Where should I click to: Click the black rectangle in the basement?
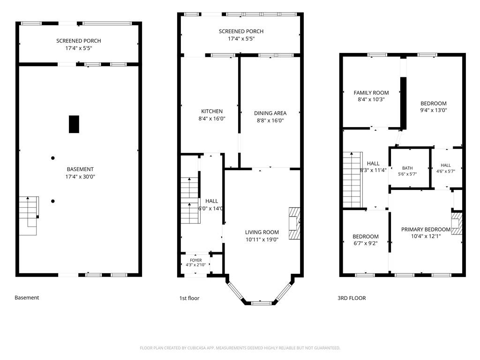point(74,124)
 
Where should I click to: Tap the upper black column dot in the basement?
point(53,158)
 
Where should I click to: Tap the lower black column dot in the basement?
point(53,201)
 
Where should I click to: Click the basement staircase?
point(29,216)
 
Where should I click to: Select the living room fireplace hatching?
point(294,224)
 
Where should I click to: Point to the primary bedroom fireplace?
point(457,224)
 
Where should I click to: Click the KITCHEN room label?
point(212,111)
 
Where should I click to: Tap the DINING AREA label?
point(270,113)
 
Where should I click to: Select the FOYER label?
point(195,260)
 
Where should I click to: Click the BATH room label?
point(407,168)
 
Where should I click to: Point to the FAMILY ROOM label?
point(371,92)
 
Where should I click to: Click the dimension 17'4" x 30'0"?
point(80,177)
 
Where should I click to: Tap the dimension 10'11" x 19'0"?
point(262,240)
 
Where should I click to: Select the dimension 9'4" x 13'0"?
point(434,110)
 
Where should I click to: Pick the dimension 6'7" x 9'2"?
point(366,243)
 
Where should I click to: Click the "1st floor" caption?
point(189,298)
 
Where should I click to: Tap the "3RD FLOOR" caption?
point(352,298)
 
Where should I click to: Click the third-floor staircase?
point(352,180)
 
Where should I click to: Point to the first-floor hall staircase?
point(190,200)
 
